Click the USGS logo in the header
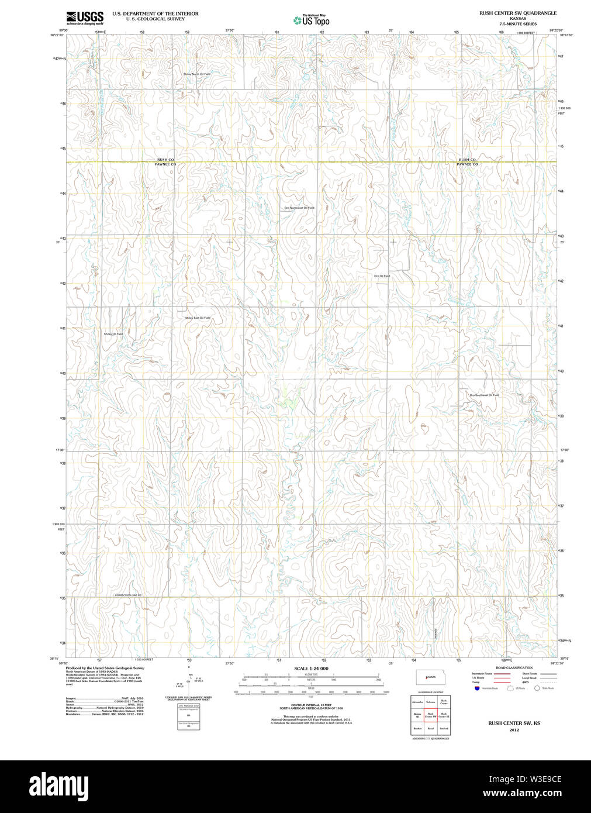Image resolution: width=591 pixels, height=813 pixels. click(84, 18)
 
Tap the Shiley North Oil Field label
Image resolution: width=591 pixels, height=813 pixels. click(196, 74)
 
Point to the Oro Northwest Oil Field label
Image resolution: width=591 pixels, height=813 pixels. click(299, 208)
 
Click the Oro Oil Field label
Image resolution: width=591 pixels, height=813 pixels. click(382, 276)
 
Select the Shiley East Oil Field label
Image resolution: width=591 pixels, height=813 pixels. click(198, 318)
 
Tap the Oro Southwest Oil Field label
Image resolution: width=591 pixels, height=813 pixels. click(484, 395)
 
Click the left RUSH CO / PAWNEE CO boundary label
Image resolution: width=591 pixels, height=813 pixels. click(165, 162)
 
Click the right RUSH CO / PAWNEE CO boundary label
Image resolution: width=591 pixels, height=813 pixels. click(467, 162)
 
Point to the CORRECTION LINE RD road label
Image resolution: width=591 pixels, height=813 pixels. click(128, 595)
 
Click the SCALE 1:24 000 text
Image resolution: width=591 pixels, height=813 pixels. click(311, 669)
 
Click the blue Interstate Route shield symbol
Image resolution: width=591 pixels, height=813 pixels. click(477, 688)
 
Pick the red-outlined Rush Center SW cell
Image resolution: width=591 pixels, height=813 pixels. click(430, 715)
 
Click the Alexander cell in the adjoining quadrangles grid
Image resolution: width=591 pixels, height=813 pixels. click(417, 701)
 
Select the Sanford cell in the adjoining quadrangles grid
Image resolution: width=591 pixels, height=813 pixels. click(444, 729)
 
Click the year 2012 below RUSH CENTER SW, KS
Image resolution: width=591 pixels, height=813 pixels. click(514, 730)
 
